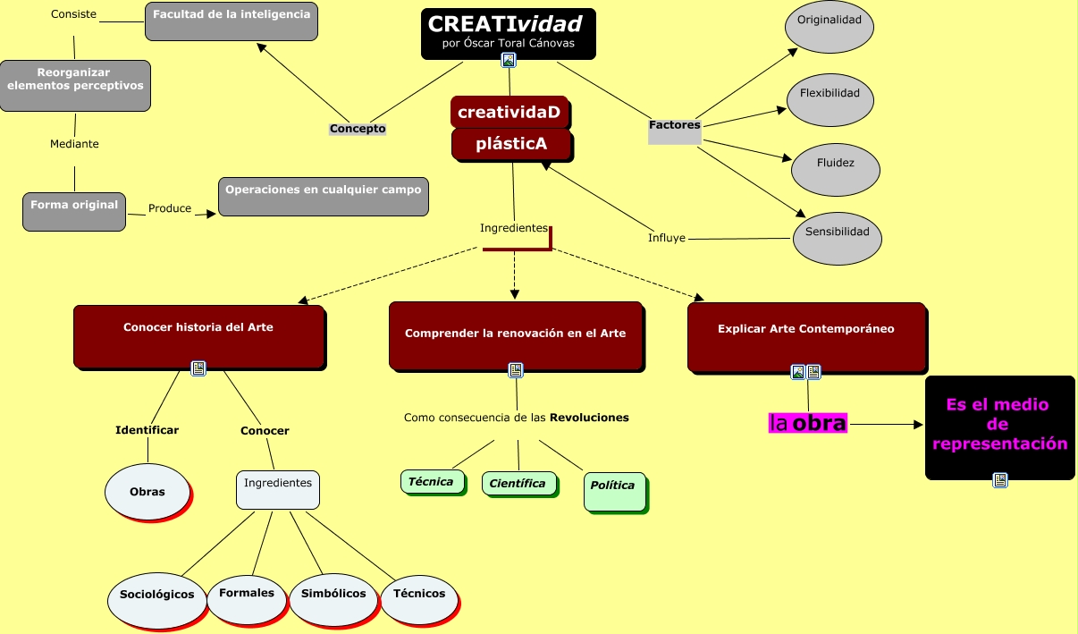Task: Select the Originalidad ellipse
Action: click(829, 27)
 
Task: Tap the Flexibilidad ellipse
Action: click(830, 100)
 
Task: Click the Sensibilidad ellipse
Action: click(837, 238)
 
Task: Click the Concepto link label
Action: click(358, 129)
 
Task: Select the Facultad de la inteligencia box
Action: click(232, 21)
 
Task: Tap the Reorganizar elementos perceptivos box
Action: click(75, 85)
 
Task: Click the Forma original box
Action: click(74, 211)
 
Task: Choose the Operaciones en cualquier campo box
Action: click(323, 196)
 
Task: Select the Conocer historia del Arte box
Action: click(198, 335)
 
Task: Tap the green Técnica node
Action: click(432, 481)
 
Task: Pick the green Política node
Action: click(614, 491)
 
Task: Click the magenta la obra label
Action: click(807, 423)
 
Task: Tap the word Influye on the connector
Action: click(666, 238)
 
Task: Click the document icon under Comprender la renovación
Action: click(516, 369)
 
